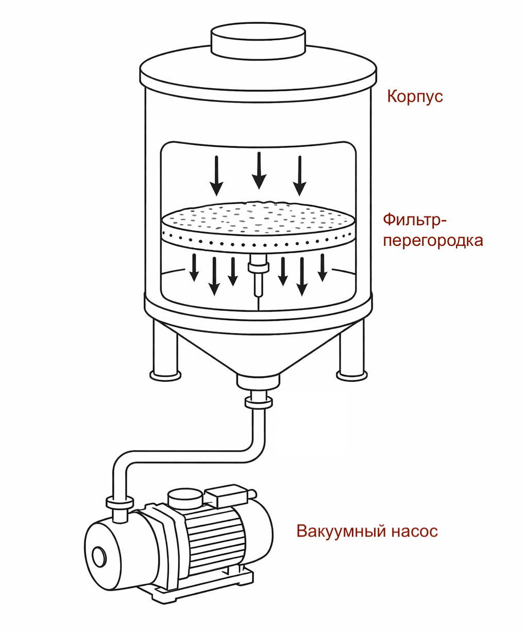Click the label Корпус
(415, 96)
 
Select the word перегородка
(433, 241)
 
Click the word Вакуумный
(340, 531)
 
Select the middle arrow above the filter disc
(259, 170)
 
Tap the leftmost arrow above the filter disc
(217, 175)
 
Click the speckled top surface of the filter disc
(258, 219)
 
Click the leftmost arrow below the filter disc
(194, 267)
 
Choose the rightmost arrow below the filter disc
(322, 267)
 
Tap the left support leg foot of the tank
(165, 375)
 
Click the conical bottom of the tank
(258, 345)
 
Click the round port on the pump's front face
(98, 557)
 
